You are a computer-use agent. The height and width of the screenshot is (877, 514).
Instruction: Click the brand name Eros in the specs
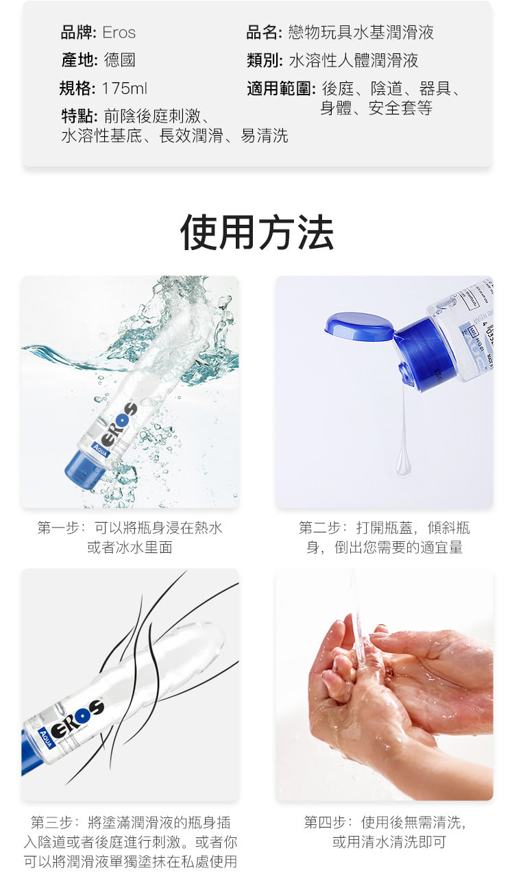pos(119,32)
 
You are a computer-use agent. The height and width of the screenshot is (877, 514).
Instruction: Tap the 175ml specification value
pos(125,88)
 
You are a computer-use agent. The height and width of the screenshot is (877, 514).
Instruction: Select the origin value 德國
pos(119,60)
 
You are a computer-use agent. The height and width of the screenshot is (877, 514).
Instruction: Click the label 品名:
pos(264,32)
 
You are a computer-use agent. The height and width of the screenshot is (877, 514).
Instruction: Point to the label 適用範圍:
pos(281,88)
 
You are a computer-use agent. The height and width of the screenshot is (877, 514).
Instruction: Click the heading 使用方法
pos(256,232)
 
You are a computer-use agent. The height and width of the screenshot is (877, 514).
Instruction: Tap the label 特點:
pos(79,116)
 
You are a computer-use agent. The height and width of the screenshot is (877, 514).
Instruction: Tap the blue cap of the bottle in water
pos(86,469)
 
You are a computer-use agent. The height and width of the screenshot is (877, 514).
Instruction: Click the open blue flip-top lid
pos(358,326)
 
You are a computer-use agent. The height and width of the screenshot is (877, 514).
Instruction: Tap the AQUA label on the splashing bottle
pos(100,451)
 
